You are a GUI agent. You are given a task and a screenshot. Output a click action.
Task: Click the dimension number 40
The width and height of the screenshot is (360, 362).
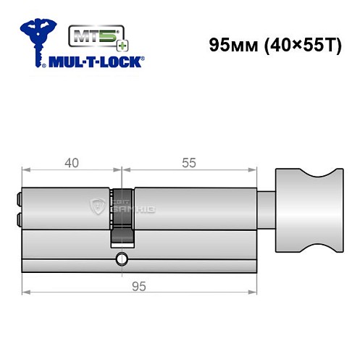pos(71,163)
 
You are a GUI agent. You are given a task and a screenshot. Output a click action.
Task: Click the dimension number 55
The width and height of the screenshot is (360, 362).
pos(188,163)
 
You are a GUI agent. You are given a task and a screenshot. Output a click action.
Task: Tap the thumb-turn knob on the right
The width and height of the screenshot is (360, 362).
pos(305,211)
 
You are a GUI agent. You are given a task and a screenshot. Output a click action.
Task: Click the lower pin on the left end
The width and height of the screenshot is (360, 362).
pos(19,218)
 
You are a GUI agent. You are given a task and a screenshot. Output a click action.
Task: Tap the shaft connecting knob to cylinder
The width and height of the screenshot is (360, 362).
pos(266,211)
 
